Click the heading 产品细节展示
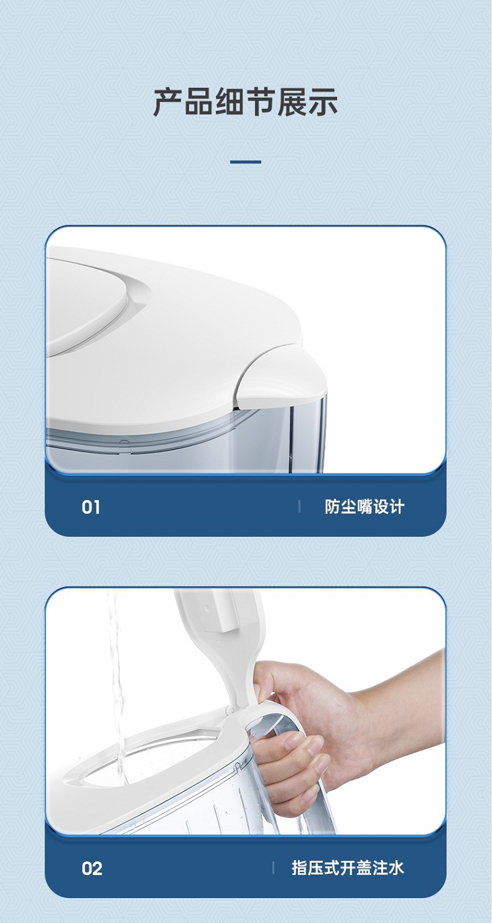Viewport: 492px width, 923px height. click(x=246, y=102)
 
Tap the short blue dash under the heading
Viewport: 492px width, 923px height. click(x=246, y=162)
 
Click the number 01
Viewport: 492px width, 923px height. click(x=91, y=507)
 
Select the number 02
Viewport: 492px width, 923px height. click(x=92, y=869)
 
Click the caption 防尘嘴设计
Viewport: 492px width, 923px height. click(x=365, y=507)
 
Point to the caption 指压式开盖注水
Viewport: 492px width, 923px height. click(x=348, y=868)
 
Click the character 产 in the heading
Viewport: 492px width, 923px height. click(x=168, y=102)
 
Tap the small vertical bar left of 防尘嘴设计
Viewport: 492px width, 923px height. click(x=299, y=507)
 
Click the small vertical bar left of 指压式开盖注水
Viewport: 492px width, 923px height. click(x=274, y=868)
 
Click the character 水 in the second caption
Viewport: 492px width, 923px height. click(x=396, y=868)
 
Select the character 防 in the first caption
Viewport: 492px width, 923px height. click(x=333, y=507)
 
